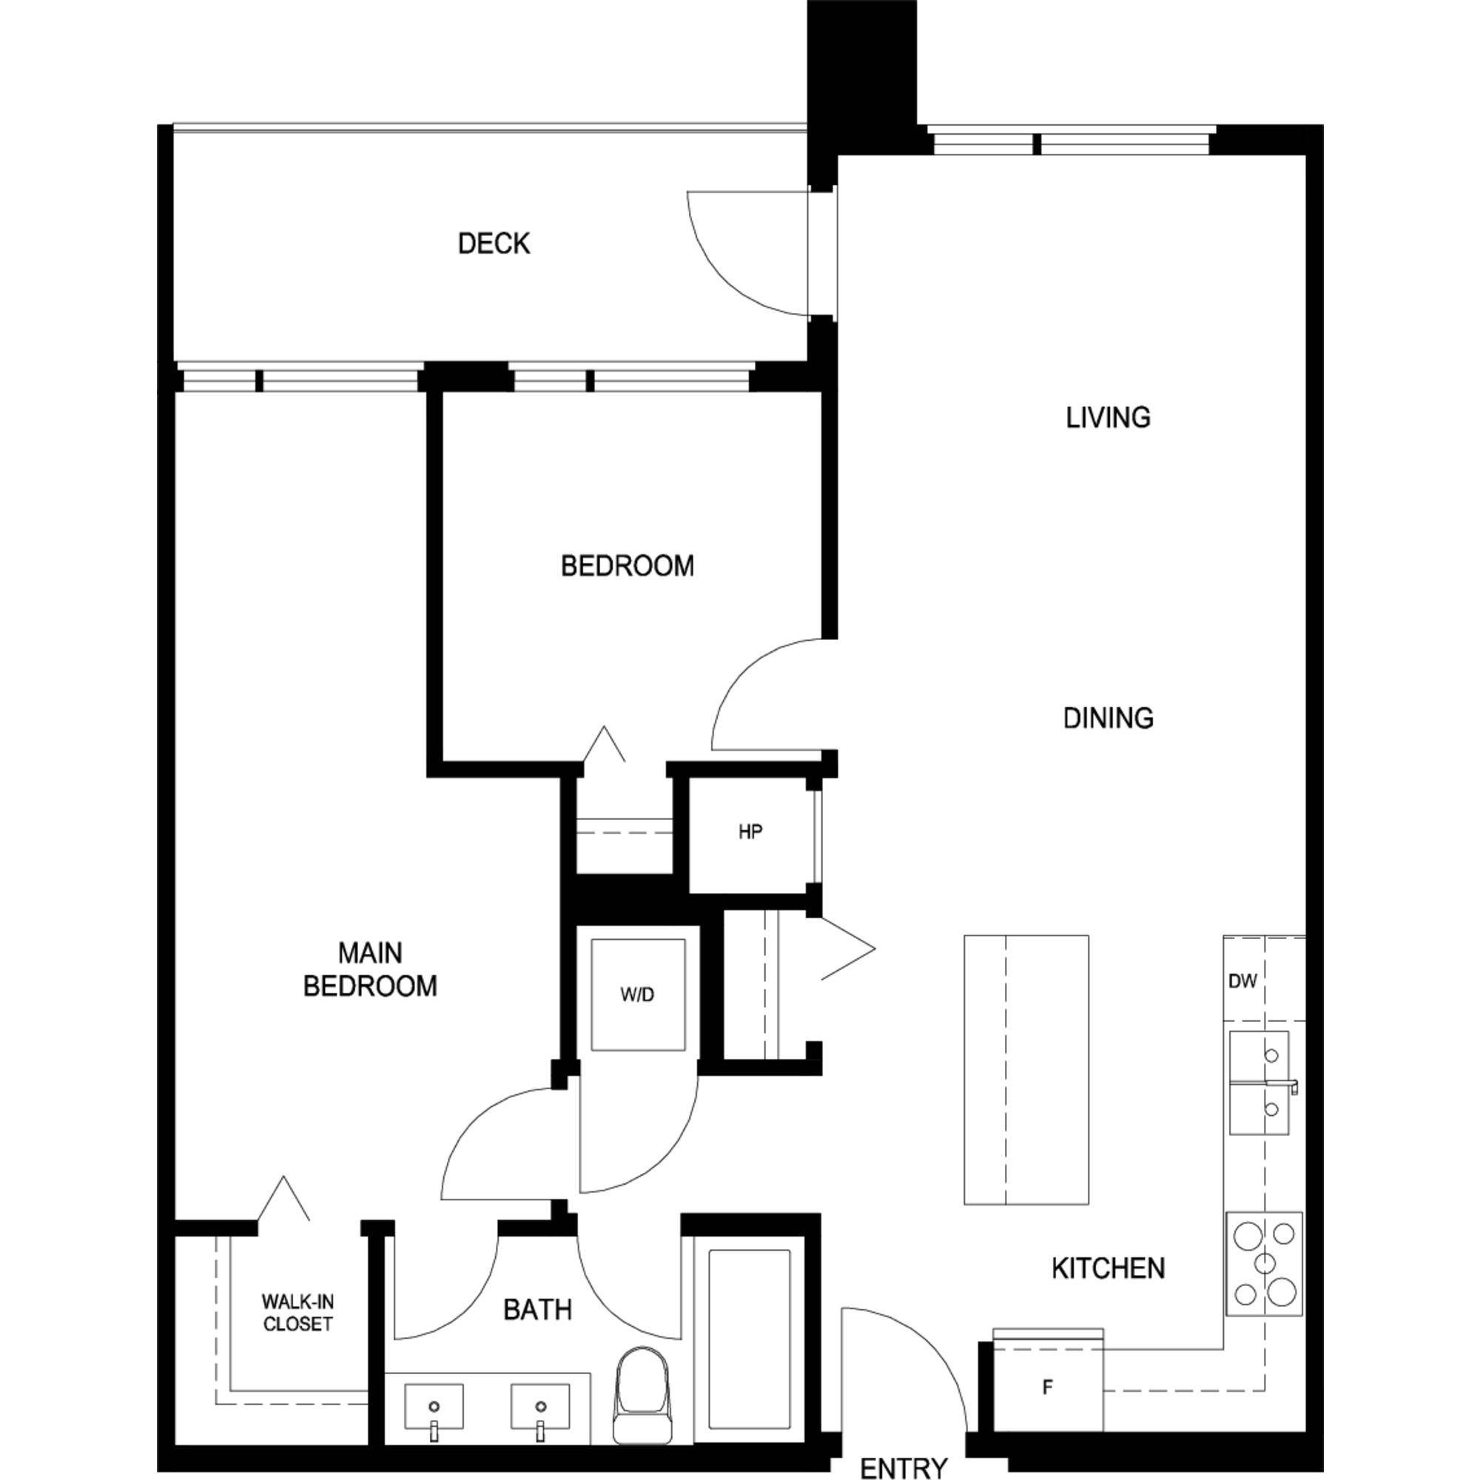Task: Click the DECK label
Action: [494, 243]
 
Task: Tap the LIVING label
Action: [1108, 417]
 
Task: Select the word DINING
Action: [1108, 718]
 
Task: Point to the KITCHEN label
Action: [1108, 1268]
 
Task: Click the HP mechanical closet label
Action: [750, 832]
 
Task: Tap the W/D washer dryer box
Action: [637, 995]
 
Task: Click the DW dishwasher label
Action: [1242, 981]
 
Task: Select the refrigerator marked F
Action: [1047, 1387]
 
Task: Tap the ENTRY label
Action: [904, 1467]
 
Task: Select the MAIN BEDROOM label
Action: [370, 969]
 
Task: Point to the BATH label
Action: [537, 1310]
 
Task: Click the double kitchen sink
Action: [1259, 1083]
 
